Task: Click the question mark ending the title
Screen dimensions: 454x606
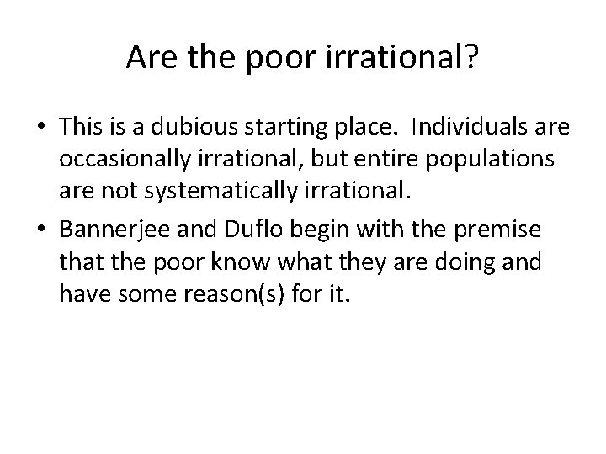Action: pyautogui.click(x=473, y=58)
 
